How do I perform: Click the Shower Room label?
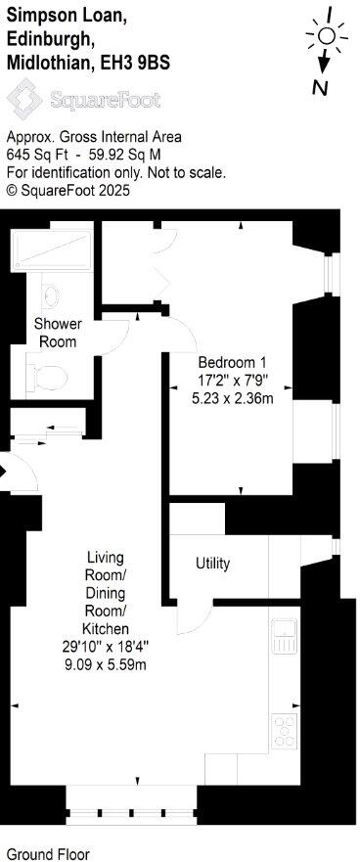58,332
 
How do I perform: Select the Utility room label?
212,564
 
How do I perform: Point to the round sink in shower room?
52,295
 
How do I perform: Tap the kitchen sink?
284,636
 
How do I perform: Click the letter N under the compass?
320,88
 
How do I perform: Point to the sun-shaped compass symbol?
326,37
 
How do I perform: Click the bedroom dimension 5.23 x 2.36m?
232,397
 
